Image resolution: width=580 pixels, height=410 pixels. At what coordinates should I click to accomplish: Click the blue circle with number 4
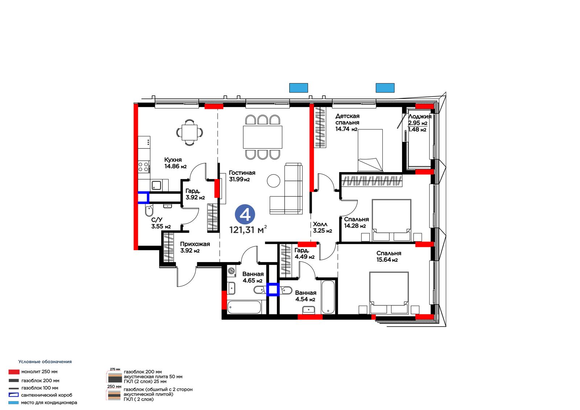coord(245,215)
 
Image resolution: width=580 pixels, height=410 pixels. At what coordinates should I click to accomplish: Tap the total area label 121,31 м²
coord(248,230)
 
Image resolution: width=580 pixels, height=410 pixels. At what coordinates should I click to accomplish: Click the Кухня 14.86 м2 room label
coord(175,163)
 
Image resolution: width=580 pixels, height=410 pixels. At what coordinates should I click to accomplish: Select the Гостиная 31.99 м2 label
coord(242,176)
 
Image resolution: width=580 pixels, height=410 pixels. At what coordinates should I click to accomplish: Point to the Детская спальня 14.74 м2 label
coord(347,123)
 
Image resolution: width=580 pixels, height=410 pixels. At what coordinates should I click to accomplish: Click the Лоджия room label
coord(420,117)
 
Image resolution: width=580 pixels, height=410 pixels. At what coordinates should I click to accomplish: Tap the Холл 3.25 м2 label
coord(322,227)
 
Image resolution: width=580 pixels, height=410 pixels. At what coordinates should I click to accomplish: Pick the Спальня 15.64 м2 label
coord(389,256)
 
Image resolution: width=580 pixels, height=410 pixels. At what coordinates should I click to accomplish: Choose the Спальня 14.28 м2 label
coord(356,223)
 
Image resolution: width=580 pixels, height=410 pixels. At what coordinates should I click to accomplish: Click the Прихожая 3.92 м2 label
coord(195,247)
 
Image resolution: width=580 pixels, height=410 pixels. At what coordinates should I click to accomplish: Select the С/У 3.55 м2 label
coord(161,223)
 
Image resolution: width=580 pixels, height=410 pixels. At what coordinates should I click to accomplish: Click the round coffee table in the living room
coord(273,181)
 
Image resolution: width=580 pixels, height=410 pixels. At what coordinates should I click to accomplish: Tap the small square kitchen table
coord(190,132)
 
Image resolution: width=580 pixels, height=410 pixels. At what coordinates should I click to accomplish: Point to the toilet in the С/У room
coord(149,211)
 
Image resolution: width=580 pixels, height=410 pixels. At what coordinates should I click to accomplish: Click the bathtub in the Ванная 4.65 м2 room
coord(244,307)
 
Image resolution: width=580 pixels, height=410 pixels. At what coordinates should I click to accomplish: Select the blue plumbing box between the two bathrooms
coord(273,290)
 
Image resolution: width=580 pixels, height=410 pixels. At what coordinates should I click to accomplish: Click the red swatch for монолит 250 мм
coord(14,372)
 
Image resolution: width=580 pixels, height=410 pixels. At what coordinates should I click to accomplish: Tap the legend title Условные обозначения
coord(45,361)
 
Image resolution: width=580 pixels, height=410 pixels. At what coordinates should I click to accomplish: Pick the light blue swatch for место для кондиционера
coord(13,403)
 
